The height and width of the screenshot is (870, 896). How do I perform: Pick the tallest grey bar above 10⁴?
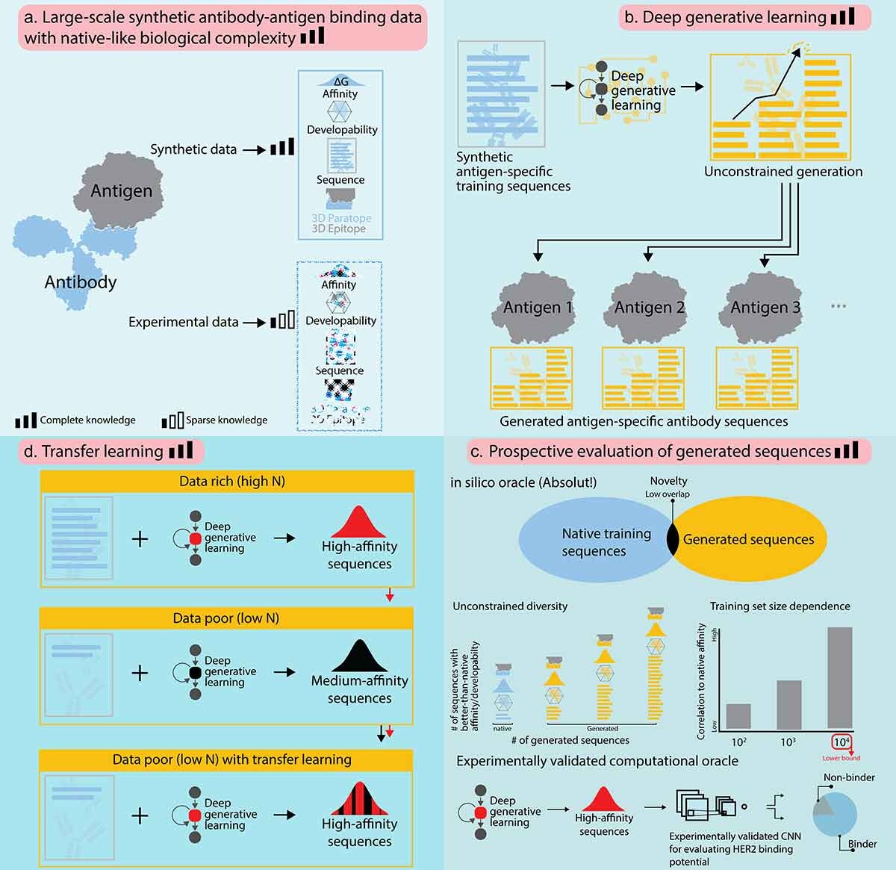840,677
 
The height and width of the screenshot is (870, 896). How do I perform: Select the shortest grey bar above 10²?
738,716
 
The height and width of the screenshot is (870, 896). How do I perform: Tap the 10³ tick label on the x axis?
788,742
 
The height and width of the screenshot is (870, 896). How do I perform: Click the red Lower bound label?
841,758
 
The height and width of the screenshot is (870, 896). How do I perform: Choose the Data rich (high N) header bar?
226,482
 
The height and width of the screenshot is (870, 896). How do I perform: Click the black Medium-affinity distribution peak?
359,656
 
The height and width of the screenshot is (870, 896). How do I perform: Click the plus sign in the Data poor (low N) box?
140,673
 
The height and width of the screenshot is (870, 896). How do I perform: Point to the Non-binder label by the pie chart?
849,777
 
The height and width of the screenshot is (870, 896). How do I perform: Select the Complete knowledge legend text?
87,420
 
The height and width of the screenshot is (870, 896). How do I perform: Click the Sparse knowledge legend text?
226,420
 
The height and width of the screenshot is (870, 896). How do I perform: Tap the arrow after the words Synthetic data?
255,149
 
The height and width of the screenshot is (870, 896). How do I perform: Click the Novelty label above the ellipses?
668,481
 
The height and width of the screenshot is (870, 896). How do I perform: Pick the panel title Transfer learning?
102,451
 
